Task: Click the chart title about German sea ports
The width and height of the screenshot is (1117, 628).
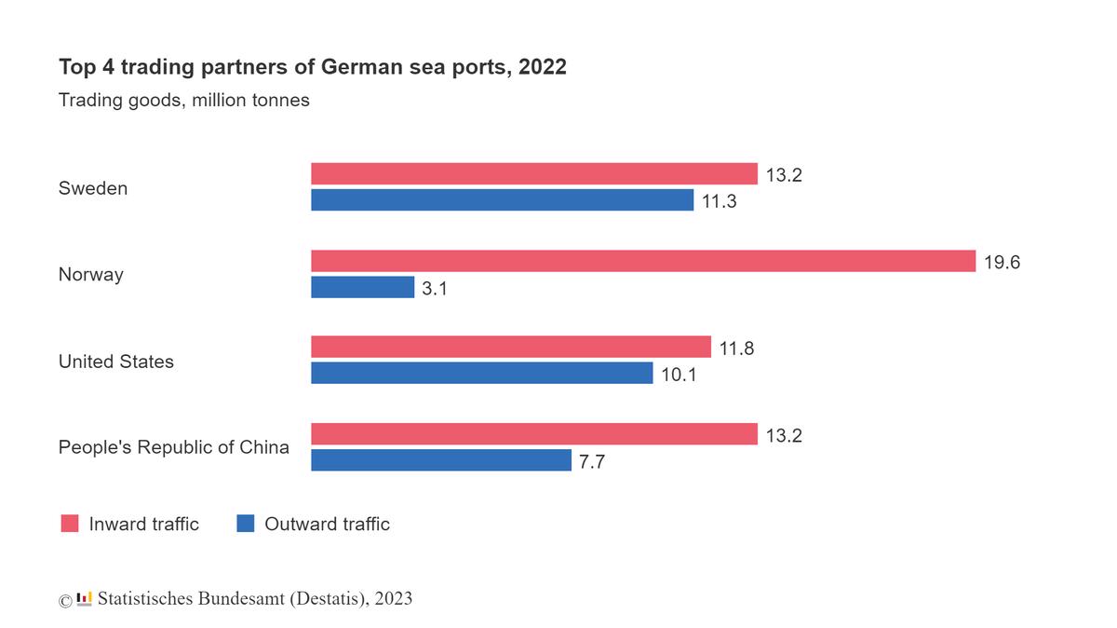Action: (x=312, y=68)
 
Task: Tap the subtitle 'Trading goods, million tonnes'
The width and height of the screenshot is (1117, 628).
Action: (x=183, y=100)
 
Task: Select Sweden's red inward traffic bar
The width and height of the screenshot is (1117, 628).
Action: (x=533, y=174)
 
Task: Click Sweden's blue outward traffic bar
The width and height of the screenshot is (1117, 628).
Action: (x=502, y=200)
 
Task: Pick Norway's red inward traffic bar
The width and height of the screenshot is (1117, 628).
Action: (x=642, y=262)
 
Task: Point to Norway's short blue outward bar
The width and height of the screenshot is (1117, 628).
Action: (x=362, y=288)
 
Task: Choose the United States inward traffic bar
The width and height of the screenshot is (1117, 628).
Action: (x=510, y=348)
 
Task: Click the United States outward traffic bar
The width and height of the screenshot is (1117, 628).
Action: (x=481, y=374)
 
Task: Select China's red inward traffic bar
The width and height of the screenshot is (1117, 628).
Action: (x=533, y=434)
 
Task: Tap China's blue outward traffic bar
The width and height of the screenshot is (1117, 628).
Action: (x=440, y=460)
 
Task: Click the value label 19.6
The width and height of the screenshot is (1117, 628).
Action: (x=1002, y=263)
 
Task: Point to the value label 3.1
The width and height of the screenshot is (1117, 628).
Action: (x=435, y=289)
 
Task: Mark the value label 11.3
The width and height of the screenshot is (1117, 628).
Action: (x=720, y=201)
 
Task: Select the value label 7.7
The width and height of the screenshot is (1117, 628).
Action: (x=592, y=461)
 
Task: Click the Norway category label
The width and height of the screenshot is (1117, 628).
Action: (x=90, y=275)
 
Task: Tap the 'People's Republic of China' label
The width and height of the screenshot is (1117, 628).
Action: (x=173, y=447)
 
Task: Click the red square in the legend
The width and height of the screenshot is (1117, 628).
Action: (x=70, y=524)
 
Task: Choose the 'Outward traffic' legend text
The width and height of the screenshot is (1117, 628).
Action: (x=327, y=524)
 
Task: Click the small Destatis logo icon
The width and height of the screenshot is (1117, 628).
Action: (x=85, y=598)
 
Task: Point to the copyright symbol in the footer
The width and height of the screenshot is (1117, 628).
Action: (x=65, y=601)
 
